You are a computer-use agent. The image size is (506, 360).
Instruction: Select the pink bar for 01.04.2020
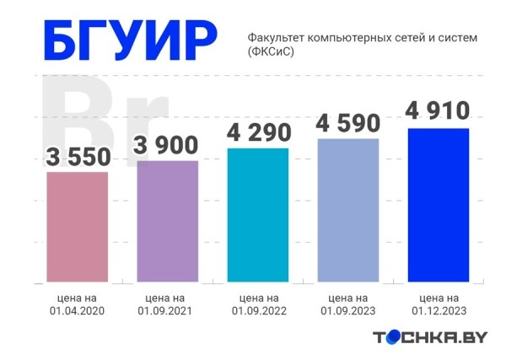point(77,227)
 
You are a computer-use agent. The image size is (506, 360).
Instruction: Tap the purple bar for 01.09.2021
point(167,221)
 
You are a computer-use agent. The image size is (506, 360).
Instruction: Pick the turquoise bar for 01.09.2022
point(258,215)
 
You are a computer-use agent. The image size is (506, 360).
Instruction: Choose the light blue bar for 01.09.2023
point(347,210)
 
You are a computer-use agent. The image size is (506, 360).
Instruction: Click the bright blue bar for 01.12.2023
point(438,205)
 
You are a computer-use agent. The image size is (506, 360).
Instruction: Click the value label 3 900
point(167,145)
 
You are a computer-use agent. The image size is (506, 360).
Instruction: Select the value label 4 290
point(258,132)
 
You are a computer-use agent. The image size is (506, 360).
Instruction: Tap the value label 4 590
point(347,123)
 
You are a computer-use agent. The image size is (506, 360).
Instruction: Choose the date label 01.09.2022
point(259,311)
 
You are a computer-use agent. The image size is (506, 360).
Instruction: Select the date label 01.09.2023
point(347,311)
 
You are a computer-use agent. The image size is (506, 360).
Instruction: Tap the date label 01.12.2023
point(439,311)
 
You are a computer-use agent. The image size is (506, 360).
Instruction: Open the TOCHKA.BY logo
point(430,337)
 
